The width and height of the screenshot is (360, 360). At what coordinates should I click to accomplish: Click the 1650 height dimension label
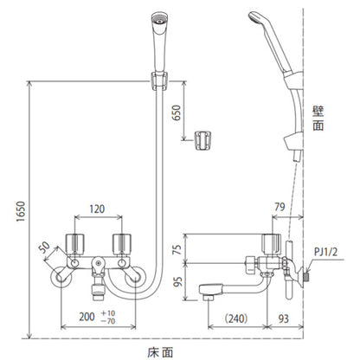point(21,211)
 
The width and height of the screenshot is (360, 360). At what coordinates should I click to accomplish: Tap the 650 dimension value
point(176,112)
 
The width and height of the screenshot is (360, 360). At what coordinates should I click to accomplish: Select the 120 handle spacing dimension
point(97,209)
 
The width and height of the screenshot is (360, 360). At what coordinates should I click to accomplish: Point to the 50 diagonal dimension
point(44,247)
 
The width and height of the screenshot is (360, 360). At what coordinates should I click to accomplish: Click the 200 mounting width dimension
point(87,317)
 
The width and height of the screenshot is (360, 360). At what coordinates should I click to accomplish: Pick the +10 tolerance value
point(108,313)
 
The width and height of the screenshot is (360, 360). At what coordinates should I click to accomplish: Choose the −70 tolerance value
point(108,320)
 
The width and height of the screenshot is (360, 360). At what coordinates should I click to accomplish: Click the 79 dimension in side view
point(280,207)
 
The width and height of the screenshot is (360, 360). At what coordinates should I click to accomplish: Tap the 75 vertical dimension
point(178,249)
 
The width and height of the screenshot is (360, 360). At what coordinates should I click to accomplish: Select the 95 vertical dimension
point(178,281)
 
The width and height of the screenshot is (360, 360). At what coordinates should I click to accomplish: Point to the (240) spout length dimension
point(236,318)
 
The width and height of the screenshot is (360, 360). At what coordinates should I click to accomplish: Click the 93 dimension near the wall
point(284,318)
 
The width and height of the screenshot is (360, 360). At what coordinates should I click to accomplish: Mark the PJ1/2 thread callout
point(325,253)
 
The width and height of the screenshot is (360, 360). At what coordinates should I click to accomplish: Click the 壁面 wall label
point(318,119)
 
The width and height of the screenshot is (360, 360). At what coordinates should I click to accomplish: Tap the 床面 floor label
point(160,352)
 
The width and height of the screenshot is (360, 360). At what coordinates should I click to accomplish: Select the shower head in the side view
point(271,41)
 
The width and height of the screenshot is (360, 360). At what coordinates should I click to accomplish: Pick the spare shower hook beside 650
point(202,140)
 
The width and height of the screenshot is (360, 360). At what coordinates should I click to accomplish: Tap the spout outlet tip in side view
point(209,297)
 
